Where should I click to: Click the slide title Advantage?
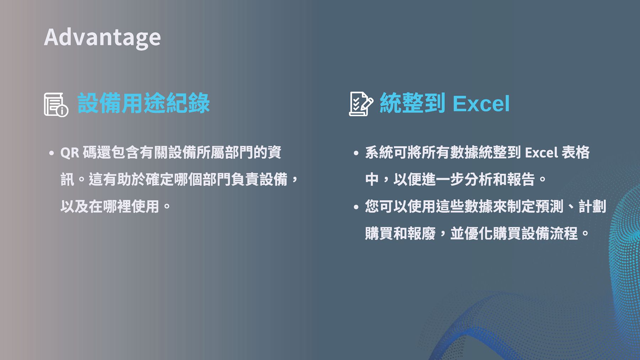102,38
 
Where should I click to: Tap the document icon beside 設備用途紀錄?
56,104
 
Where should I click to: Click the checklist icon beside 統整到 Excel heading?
361,104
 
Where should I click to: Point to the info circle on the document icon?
62,111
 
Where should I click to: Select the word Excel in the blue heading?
481,104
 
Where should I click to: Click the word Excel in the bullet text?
541,153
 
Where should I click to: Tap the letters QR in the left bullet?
70,153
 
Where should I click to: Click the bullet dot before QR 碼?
52,153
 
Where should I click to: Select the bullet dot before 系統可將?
356,153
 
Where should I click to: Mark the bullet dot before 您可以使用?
356,207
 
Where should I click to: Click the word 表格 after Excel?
576,152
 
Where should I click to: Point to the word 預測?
550,206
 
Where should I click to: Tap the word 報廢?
422,233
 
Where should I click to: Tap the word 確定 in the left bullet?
160,179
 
